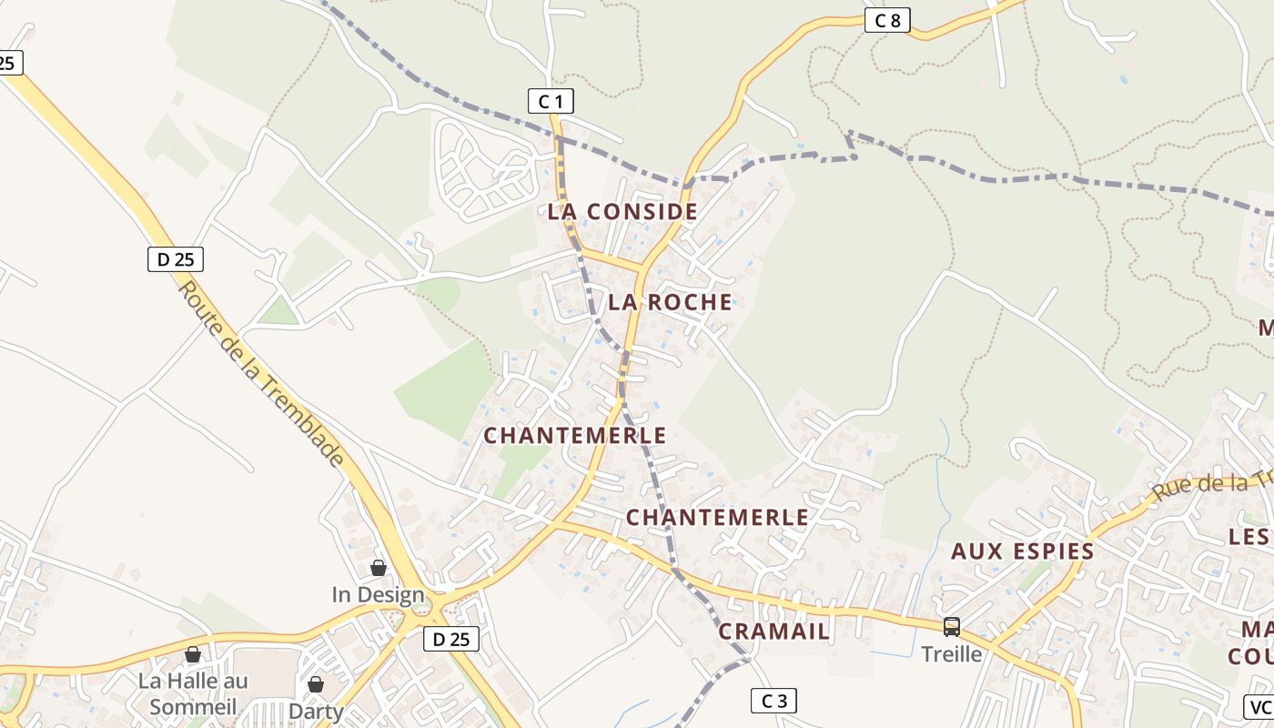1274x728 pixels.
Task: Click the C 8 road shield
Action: tap(887, 20)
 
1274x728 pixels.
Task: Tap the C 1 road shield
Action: tap(551, 101)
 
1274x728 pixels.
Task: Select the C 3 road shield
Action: tap(773, 701)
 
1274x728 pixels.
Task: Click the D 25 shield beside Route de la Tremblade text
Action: tap(176, 259)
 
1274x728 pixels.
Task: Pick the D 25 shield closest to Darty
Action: tap(451, 639)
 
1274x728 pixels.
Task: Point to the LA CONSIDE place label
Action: tap(622, 212)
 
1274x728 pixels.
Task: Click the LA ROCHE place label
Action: tap(670, 302)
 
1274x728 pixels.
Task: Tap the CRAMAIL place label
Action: tap(774, 632)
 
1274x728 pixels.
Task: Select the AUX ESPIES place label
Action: tap(1022, 551)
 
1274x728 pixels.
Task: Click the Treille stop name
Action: tap(952, 653)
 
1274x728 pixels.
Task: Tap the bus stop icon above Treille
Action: tap(952, 626)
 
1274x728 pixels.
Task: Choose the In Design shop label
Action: tap(378, 595)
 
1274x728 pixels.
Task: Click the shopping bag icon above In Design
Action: tap(379, 569)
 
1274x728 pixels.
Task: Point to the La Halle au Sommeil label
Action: tap(193, 693)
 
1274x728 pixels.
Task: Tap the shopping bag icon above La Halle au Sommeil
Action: tap(193, 654)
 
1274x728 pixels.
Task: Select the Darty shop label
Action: tap(315, 710)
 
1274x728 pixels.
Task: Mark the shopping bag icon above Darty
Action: tap(315, 683)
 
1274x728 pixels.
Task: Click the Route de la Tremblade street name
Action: tap(261, 372)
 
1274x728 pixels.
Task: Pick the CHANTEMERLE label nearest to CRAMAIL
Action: tap(717, 518)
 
